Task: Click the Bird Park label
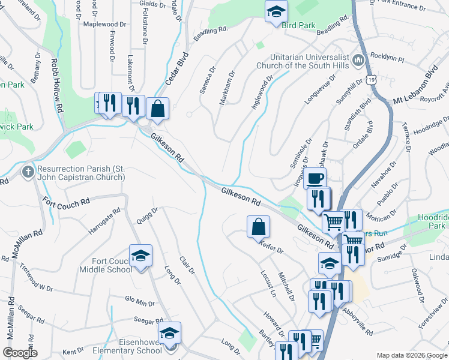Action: [299, 26]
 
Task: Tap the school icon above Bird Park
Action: [276, 11]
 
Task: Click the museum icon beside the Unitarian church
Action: [359, 60]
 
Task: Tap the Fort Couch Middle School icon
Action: [140, 256]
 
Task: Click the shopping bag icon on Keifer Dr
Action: [258, 227]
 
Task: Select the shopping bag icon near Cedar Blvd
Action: [157, 109]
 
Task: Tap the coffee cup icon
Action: [315, 178]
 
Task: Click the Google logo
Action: [20, 353]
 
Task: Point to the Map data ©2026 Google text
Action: [412, 355]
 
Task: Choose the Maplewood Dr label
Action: [105, 25]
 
